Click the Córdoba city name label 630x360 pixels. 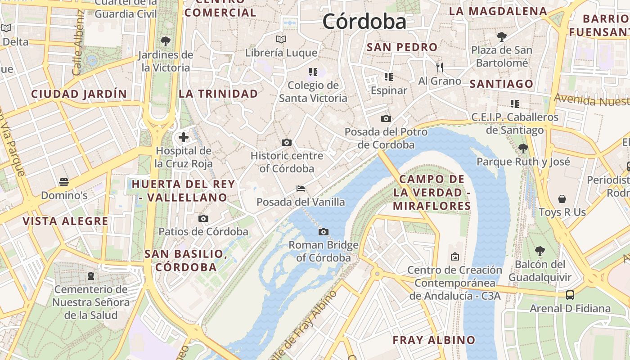(x=364, y=21)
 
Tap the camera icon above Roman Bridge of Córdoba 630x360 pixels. (x=323, y=232)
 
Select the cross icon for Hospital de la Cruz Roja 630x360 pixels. (x=184, y=137)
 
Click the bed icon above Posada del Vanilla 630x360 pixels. (x=301, y=189)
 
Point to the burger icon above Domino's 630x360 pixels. (x=64, y=182)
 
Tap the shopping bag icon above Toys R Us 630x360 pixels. (x=562, y=198)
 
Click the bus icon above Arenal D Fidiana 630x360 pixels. (x=570, y=295)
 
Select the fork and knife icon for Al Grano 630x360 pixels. (x=440, y=67)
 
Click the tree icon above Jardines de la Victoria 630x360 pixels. (x=165, y=41)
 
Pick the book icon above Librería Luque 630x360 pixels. (x=281, y=40)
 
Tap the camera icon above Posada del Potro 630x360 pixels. (x=386, y=119)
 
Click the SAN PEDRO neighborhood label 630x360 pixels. (x=402, y=47)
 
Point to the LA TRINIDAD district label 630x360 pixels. (x=218, y=94)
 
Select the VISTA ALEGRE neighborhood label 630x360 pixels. (x=65, y=221)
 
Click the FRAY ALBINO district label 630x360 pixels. (x=434, y=340)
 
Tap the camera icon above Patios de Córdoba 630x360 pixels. (x=203, y=219)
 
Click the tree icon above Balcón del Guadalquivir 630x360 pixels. (x=540, y=251)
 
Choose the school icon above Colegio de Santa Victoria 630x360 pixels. (x=313, y=72)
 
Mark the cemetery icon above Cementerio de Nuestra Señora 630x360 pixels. (x=91, y=275)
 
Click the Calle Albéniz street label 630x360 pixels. (x=78, y=43)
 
